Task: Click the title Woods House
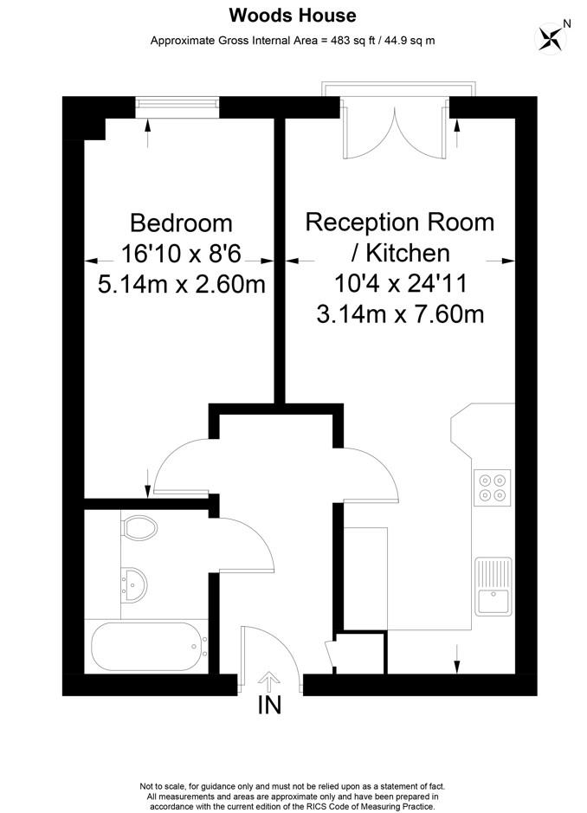click(x=292, y=16)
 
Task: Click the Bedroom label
click(x=181, y=223)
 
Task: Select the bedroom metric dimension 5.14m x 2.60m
click(x=181, y=284)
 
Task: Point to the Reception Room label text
click(x=399, y=222)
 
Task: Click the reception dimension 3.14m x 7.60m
click(x=400, y=313)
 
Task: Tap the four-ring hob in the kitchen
click(x=492, y=487)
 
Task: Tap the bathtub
click(x=147, y=645)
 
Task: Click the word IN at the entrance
click(x=270, y=706)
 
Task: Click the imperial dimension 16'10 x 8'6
click(x=181, y=255)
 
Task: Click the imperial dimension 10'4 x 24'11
click(x=399, y=283)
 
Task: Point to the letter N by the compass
click(x=567, y=23)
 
